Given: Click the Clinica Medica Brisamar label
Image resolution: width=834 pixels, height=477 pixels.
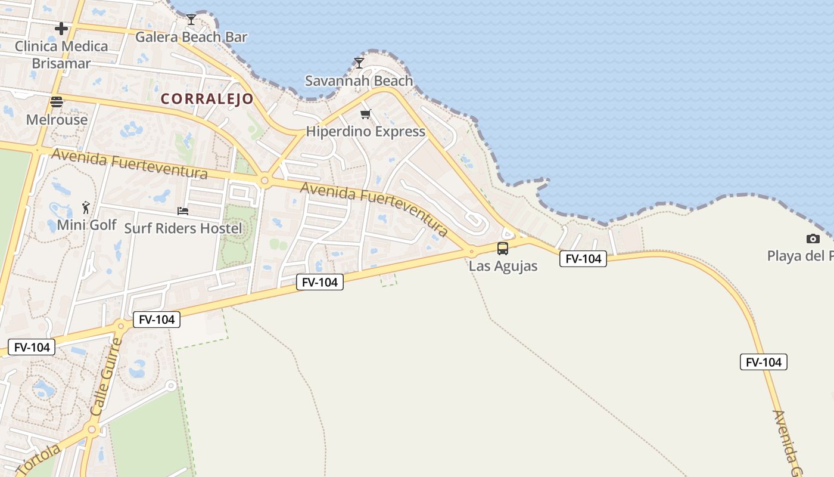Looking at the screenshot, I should [61, 54].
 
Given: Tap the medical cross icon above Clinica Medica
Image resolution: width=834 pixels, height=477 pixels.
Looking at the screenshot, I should [61, 28].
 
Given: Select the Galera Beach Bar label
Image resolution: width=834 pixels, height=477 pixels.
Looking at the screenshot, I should [191, 37].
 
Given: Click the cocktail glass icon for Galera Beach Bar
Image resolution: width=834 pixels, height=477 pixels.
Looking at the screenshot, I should [191, 20].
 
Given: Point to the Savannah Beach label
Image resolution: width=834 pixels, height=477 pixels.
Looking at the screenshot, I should [359, 80].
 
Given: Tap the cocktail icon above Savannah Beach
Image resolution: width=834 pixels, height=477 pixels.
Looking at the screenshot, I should [359, 63].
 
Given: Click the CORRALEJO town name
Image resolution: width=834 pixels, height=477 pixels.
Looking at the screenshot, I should [207, 98].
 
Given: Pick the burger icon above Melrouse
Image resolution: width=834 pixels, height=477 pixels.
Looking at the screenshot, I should [57, 102].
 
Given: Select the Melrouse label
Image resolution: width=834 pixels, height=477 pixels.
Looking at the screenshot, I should [57, 119].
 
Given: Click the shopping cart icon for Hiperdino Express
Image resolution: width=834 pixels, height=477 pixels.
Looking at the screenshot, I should [365, 114].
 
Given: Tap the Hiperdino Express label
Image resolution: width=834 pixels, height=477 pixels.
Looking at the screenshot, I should [365, 131].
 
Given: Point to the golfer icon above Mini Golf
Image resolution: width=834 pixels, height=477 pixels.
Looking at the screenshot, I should [86, 207].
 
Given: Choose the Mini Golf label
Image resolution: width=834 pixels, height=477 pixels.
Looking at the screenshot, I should [86, 225].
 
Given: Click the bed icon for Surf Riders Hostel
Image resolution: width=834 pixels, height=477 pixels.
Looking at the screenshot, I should [183, 211].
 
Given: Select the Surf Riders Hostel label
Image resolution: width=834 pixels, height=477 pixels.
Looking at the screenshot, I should [183, 228].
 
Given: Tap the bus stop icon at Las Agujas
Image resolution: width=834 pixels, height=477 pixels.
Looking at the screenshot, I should [503, 249].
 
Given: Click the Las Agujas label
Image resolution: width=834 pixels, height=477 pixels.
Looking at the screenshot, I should [503, 266].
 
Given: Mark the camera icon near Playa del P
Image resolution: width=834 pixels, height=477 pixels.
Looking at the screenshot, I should [813, 239].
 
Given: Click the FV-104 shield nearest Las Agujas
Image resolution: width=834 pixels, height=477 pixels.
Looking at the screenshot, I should [583, 259].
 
